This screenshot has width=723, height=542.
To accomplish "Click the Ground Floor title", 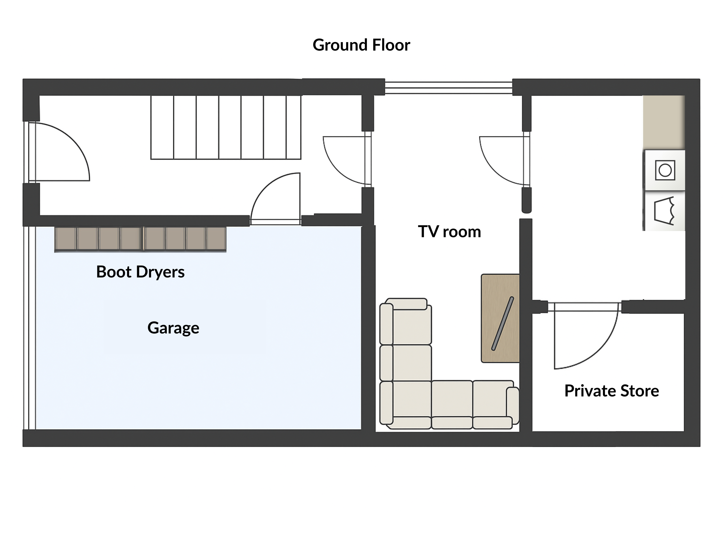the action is [x=361, y=45].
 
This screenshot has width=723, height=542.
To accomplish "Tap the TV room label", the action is [x=450, y=232].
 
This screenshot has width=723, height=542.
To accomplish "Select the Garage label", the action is [x=173, y=328].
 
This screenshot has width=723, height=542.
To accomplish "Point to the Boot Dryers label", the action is [x=140, y=272].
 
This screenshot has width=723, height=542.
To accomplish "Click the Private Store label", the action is [x=611, y=391].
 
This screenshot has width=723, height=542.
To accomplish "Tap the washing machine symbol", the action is [x=664, y=170].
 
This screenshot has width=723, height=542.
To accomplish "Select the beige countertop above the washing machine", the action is [x=664, y=123].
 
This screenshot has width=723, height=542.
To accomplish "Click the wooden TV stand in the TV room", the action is [x=500, y=318].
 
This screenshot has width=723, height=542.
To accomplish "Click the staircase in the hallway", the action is [x=225, y=127].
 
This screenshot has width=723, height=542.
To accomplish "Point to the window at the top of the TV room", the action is [x=449, y=87].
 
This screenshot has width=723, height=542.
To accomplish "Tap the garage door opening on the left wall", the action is [x=29, y=328].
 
